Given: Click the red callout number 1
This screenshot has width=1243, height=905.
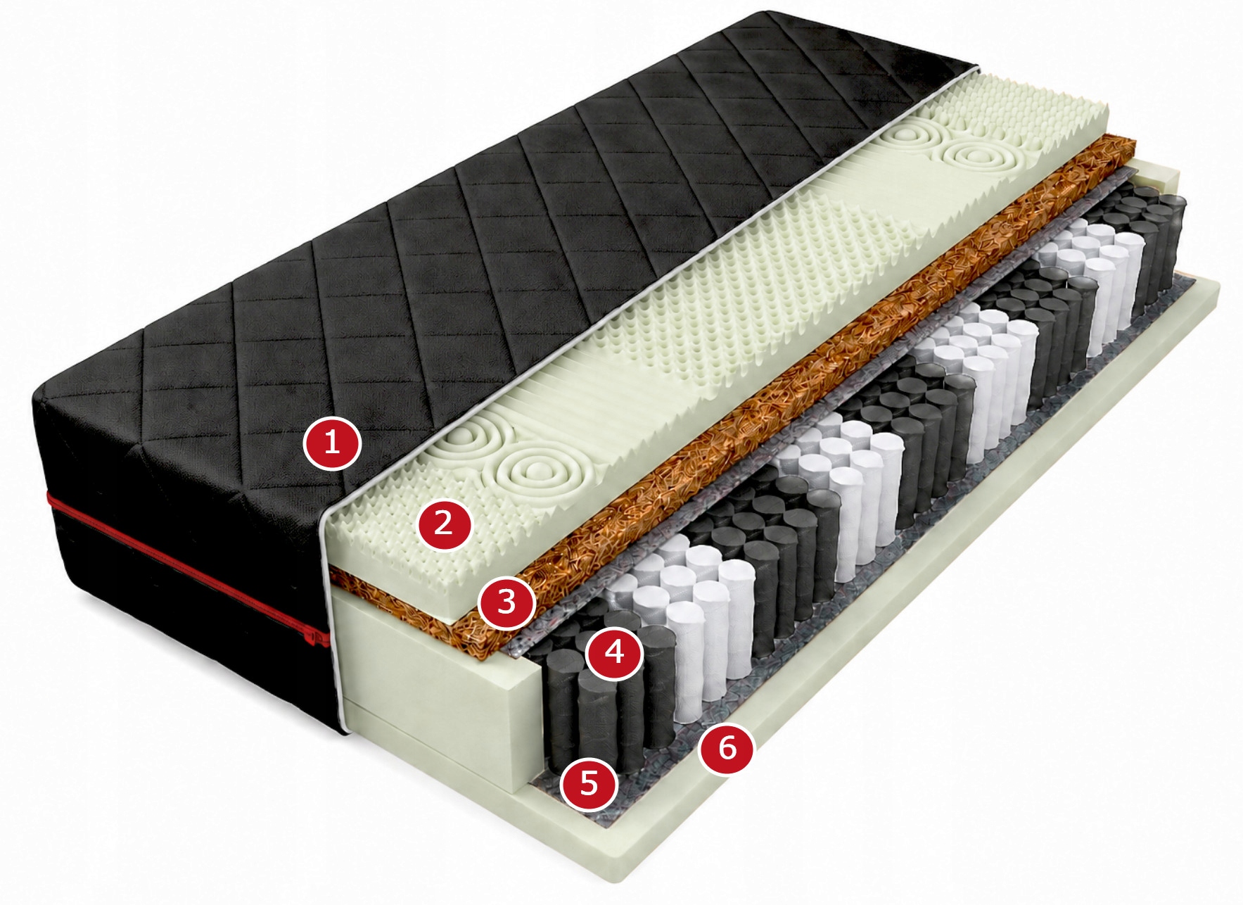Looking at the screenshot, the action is pos(332,443).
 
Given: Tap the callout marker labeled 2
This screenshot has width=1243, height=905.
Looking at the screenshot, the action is pos(444,523).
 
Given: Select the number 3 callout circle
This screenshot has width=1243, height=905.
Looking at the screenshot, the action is pos(506,602).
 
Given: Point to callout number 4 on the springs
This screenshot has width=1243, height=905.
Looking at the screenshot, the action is pos(615,652).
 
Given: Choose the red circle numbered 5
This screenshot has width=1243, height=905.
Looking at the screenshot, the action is pos(589,783).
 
